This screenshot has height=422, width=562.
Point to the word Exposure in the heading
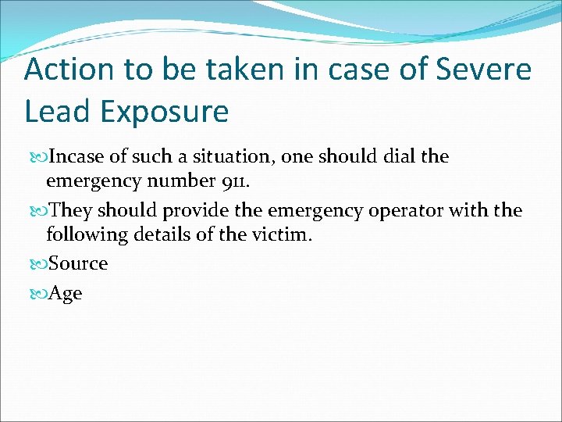click(165, 111)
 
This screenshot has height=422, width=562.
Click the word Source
click(78, 263)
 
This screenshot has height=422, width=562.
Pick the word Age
click(66, 294)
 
